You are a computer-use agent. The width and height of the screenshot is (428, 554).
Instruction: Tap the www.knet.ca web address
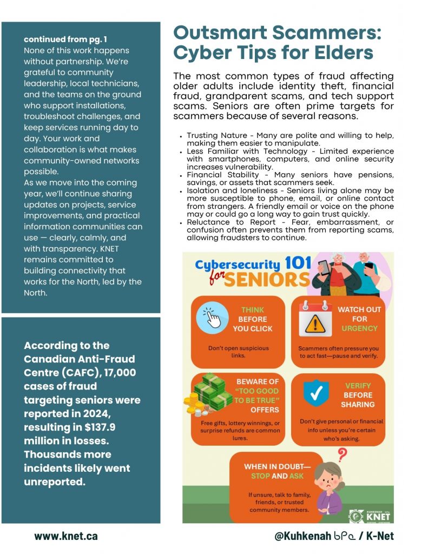(x=66, y=536)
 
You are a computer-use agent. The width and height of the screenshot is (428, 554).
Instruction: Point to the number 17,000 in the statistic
(x=116, y=372)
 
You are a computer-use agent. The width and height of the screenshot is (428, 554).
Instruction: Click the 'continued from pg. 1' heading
(x=65, y=39)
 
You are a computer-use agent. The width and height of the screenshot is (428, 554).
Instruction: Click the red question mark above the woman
(x=341, y=453)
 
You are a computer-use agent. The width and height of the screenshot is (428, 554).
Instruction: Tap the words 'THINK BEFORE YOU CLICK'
(x=253, y=319)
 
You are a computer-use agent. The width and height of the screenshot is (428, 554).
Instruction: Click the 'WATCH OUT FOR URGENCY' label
(x=359, y=319)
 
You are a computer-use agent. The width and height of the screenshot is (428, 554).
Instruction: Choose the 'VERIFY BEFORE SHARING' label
(x=358, y=395)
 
